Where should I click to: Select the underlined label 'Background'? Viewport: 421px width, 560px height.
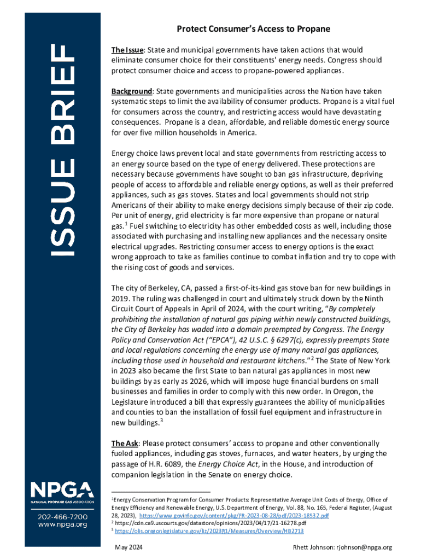coord(131,91)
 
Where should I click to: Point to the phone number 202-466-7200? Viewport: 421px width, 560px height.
coord(62,517)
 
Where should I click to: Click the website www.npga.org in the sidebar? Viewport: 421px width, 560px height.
coord(62,525)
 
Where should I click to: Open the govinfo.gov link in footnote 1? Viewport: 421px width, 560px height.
coord(234,515)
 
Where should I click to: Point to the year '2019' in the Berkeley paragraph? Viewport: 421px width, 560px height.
coord(120,298)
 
